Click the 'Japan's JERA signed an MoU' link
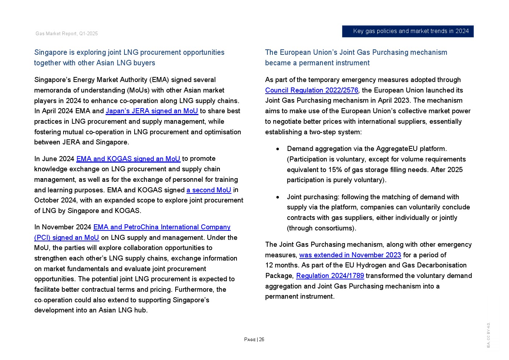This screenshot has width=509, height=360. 152,111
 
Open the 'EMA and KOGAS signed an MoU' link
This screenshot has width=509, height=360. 128,159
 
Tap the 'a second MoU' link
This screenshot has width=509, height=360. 209,190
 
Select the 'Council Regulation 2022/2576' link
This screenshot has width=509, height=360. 312,90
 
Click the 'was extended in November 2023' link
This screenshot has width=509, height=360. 350,255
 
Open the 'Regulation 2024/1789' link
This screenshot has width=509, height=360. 330,276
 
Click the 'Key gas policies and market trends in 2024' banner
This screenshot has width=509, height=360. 408,31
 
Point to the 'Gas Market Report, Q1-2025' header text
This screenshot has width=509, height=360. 67,34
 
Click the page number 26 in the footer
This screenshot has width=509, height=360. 262,340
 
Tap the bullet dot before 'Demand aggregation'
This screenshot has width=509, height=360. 278,149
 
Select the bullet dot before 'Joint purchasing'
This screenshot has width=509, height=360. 278,197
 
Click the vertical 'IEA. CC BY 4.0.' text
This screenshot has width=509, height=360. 488,335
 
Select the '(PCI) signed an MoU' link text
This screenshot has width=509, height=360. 66,238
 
